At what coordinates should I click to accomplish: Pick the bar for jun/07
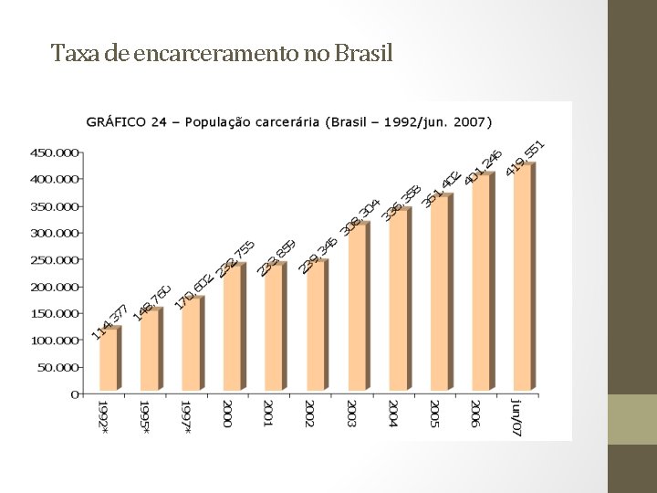point(525,277)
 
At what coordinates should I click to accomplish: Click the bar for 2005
point(442,292)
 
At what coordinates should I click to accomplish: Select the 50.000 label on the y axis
point(58,368)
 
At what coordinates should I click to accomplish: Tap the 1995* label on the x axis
point(144,417)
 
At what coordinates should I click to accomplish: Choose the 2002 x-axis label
point(309,414)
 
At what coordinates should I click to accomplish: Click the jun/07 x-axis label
point(516,417)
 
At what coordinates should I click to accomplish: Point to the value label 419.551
point(526,159)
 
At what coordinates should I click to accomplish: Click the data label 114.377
point(109,321)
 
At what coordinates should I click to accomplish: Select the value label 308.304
point(361,217)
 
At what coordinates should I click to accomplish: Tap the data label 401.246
point(483,167)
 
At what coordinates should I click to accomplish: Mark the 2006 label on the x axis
point(474,414)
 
